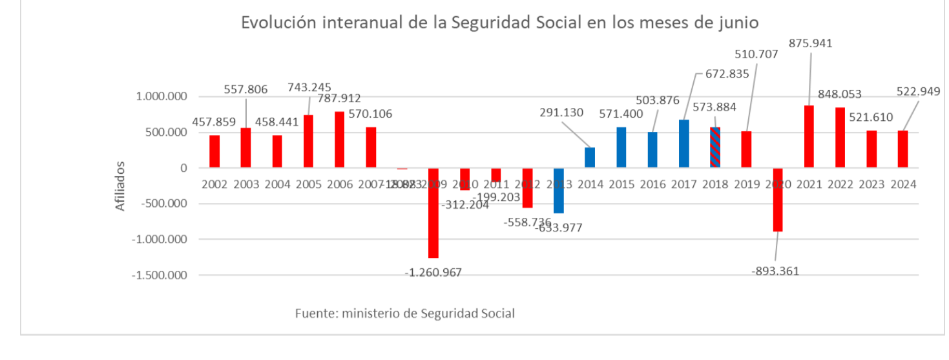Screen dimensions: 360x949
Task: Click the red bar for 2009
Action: pyautogui.click(x=433, y=213)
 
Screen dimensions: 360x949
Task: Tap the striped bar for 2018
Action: pyautogui.click(x=715, y=148)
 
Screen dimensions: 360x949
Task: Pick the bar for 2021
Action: pyautogui.click(x=809, y=137)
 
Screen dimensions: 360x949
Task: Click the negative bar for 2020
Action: pyautogui.click(x=778, y=200)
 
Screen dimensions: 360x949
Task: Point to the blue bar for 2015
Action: pyautogui.click(x=621, y=147)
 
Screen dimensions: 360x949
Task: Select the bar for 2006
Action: pyautogui.click(x=340, y=140)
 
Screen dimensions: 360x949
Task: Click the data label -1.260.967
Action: pyautogui.click(x=433, y=273)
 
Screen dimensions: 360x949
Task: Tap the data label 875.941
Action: pyautogui.click(x=811, y=44)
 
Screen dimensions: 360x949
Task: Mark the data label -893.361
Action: pyautogui.click(x=775, y=271)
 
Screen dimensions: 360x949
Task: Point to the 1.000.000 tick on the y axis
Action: pyautogui.click(x=162, y=97)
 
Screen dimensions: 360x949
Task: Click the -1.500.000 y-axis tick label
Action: pyautogui.click(x=160, y=275)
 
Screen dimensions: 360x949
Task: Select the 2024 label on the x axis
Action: pyautogui.click(x=903, y=184)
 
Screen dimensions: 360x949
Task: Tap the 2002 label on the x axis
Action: pyautogui.click(x=214, y=184)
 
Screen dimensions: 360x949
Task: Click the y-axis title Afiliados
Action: pyautogui.click(x=120, y=185)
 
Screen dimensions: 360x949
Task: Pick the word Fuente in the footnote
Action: pyautogui.click(x=315, y=313)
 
